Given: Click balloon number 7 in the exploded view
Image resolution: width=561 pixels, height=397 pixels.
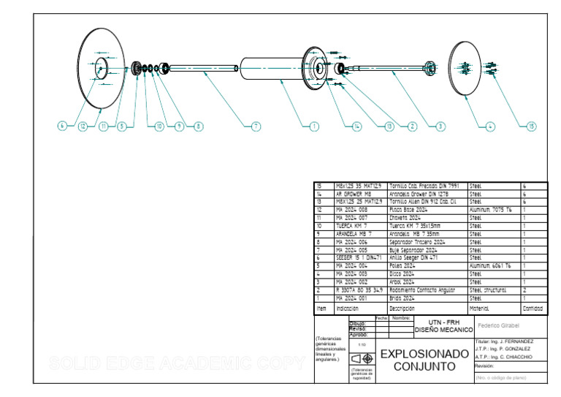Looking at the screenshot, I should click(x=256, y=126).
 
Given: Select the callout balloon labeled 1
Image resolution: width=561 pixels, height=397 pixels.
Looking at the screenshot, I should click(x=314, y=126).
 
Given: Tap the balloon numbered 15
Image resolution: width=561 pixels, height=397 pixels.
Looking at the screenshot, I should click(x=531, y=126).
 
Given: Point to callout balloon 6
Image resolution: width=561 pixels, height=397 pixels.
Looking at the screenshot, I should click(x=63, y=126).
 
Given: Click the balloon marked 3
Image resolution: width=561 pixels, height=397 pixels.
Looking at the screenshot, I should click(x=440, y=126).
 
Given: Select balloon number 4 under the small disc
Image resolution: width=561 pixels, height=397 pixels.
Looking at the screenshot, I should click(x=491, y=126).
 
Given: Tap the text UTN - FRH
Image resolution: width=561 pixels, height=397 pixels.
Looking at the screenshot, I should click(x=438, y=322).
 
